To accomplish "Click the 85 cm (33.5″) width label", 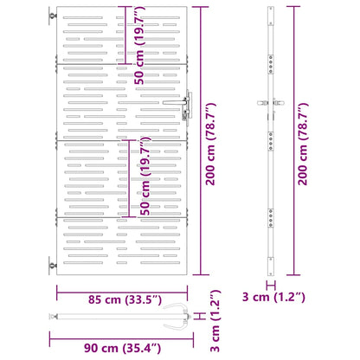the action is point(125,299).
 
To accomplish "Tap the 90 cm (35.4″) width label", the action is point(122,348).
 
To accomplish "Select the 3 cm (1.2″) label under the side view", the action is point(273,297).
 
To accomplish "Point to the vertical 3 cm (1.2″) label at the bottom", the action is point(215,321).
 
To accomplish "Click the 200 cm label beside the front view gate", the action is point(210,144).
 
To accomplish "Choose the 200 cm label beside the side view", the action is point(303,144).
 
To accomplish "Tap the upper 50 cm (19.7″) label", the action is point(139,46).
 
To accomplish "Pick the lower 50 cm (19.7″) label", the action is point(145,176).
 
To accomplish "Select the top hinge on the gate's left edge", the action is point(53,16).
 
